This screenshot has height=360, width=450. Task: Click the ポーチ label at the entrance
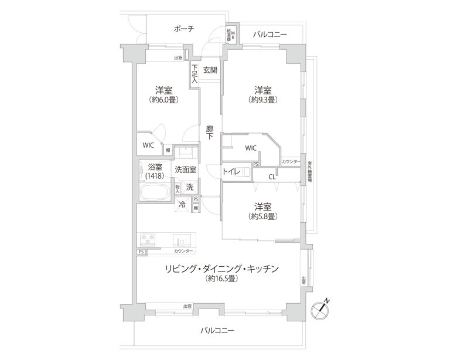(184, 29)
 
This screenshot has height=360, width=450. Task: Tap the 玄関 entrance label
(210, 70)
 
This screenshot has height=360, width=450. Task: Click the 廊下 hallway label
(210, 134)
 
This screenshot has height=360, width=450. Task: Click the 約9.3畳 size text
(262, 100)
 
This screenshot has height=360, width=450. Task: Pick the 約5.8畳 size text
(262, 216)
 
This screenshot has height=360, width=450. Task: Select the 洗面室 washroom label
(185, 170)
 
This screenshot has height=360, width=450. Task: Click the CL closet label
(272, 175)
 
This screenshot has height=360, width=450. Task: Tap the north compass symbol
(322, 309)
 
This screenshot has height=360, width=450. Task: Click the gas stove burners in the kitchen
(148, 239)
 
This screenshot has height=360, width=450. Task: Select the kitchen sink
(179, 240)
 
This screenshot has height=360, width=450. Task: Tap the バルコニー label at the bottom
(217, 330)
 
